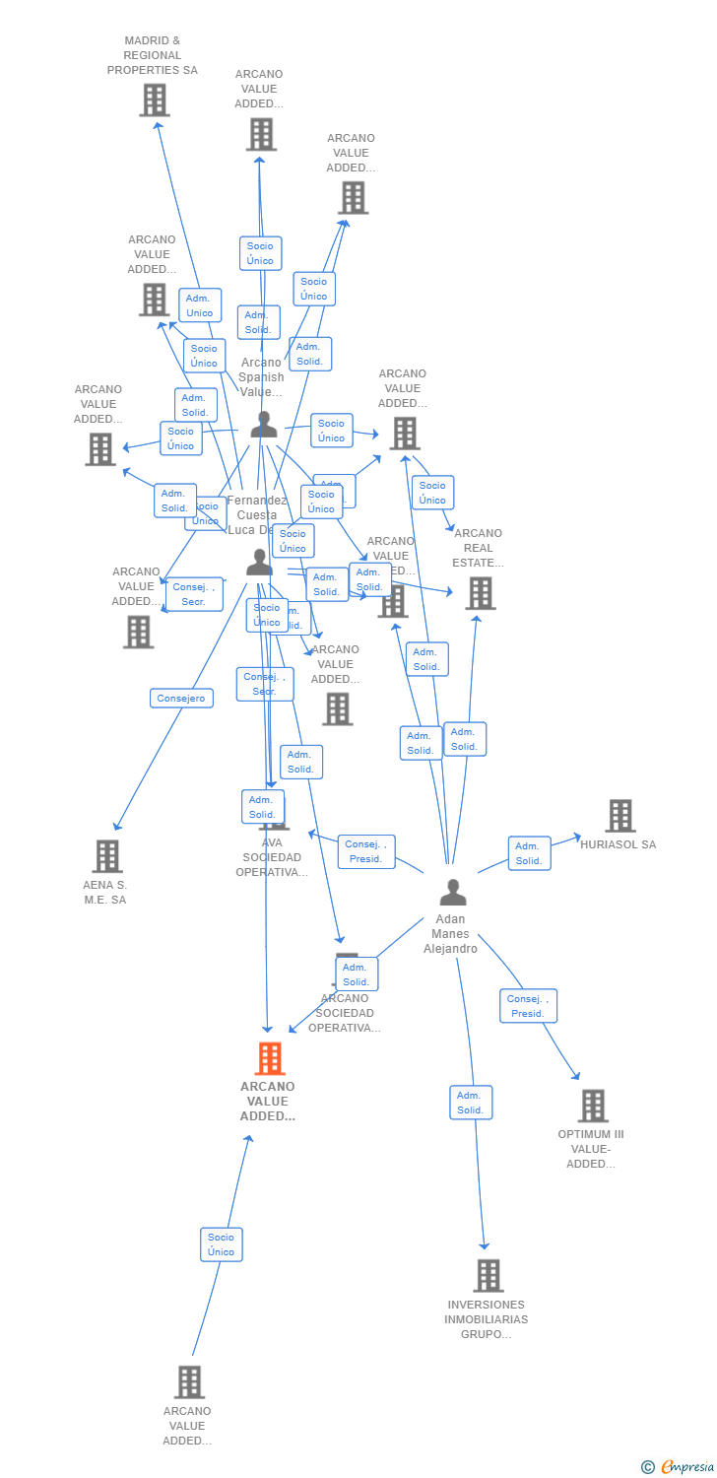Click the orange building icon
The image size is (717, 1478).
(x=269, y=1058)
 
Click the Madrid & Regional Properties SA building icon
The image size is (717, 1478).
(x=154, y=100)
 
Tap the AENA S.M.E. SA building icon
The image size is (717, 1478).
(x=107, y=855)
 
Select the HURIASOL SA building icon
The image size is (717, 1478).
(x=619, y=816)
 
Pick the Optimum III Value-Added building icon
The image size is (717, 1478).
(x=592, y=1106)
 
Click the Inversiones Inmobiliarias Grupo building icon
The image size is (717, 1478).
(x=488, y=1275)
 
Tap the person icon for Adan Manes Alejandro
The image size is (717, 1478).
(x=452, y=892)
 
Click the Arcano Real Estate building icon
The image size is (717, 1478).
(x=480, y=593)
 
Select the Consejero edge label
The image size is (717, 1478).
(x=181, y=698)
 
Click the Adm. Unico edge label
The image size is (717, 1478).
(x=200, y=305)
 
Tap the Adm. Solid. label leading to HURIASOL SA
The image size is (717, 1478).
(x=529, y=853)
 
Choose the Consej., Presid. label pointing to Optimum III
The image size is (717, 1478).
(x=528, y=1006)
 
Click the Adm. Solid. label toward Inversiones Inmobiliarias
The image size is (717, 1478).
(x=471, y=1103)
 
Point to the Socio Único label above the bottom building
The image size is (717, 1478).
(x=221, y=1244)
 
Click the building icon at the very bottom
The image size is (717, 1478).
(x=189, y=1381)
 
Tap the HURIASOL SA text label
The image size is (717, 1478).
(x=618, y=844)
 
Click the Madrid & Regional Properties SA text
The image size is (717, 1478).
(x=153, y=56)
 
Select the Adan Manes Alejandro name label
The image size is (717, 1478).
(x=451, y=934)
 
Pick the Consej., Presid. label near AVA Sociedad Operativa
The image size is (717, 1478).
(x=366, y=851)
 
